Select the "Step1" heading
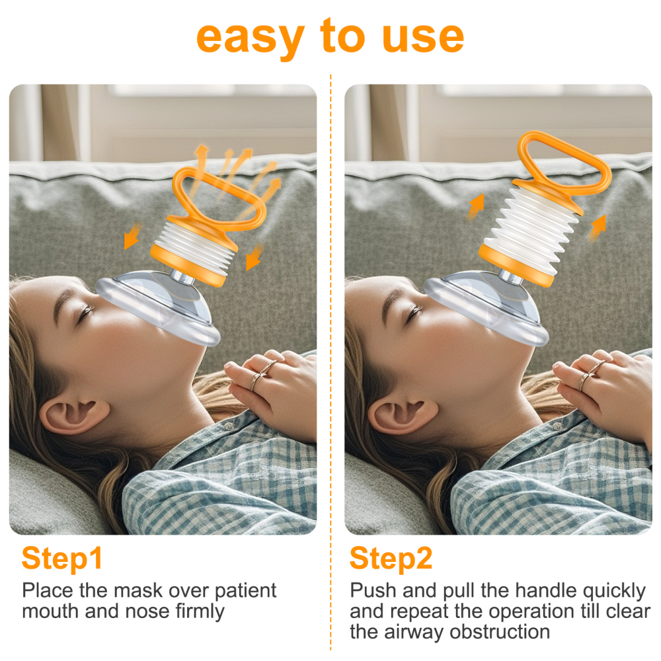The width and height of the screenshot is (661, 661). pyautogui.click(x=62, y=559)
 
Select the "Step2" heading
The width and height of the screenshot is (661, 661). pyautogui.click(x=391, y=559)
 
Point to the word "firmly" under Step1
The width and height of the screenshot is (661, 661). pyautogui.click(x=200, y=611)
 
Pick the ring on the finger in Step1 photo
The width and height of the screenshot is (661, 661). pyautogui.click(x=260, y=376)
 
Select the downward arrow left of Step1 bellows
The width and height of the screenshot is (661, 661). pyautogui.click(x=132, y=237)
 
